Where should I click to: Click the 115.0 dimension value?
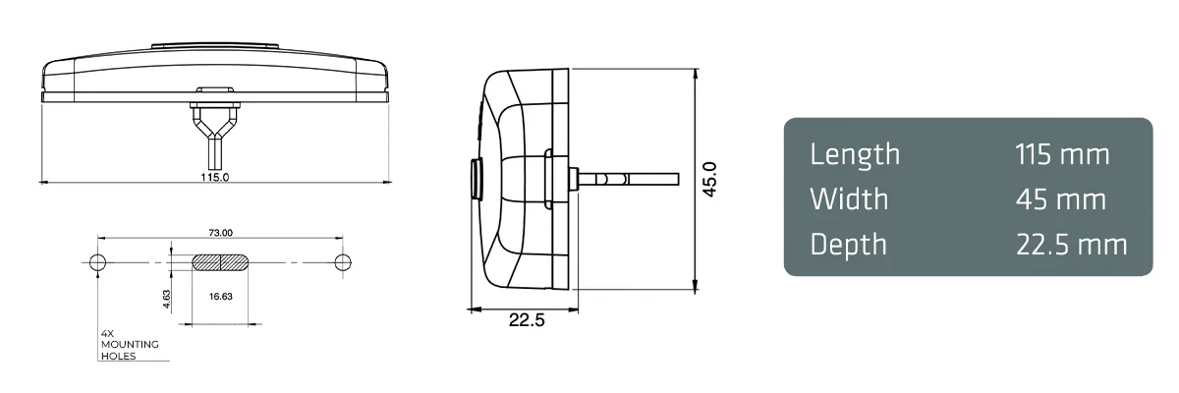point(215,178)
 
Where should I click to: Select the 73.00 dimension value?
point(220,233)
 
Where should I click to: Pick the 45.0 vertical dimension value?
point(710,180)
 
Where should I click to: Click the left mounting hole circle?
point(97,262)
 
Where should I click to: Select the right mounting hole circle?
point(342,262)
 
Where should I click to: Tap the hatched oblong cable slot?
point(220,262)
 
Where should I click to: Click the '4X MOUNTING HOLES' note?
point(130,345)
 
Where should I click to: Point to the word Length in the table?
point(855,154)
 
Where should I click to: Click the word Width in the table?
point(849,199)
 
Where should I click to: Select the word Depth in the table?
point(848,245)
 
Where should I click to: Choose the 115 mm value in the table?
point(1062,154)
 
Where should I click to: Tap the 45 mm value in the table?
point(1060,199)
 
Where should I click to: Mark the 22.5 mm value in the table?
point(1071,245)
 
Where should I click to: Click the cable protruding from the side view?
point(639,179)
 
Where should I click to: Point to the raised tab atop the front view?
point(215,45)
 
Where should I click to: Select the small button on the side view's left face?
point(476,179)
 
